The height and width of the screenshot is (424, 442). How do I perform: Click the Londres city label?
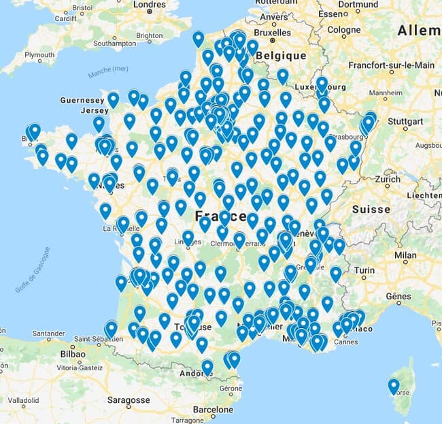click(150, 5)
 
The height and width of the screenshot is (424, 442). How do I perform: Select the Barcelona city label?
click(212, 410)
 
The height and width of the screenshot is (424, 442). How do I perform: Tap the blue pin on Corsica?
click(394, 386)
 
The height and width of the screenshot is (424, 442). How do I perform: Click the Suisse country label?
click(371, 209)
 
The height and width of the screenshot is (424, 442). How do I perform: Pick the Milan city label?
click(405, 255)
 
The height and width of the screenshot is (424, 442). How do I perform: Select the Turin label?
click(363, 270)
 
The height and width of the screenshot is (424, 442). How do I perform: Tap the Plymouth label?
click(39, 55)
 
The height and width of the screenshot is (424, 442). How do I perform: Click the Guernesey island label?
click(82, 100)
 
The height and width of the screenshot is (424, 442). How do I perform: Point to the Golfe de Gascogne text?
click(32, 270)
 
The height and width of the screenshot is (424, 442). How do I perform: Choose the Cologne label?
click(343, 30)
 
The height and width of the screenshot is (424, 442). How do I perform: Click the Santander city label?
click(48, 334)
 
